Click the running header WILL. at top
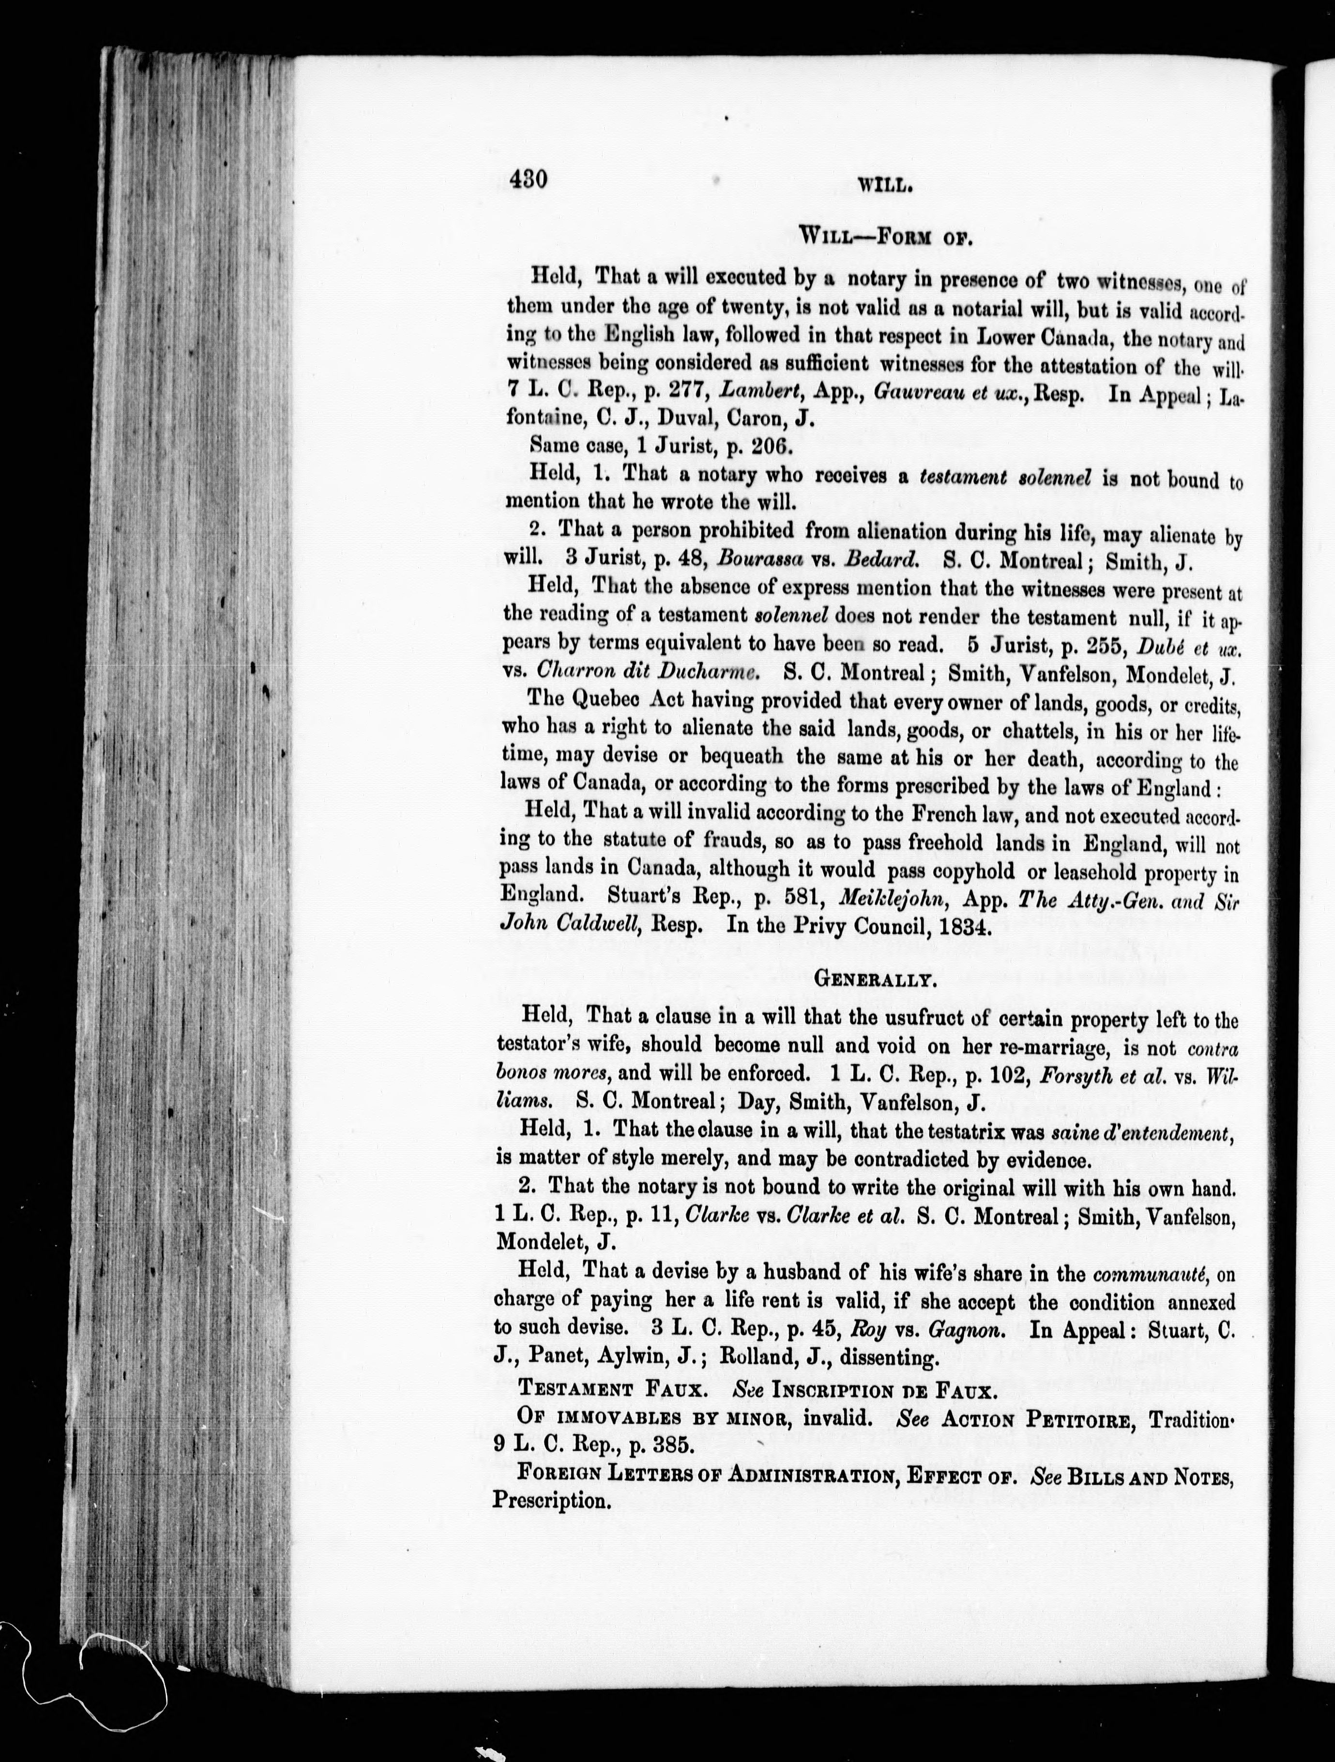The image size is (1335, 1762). coord(885,185)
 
